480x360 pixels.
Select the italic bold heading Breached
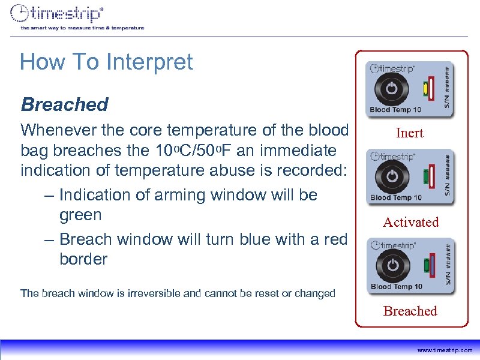coord(64,105)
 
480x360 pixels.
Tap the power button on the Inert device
coord(391,89)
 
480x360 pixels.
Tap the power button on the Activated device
coord(391,176)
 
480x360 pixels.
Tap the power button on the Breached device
coord(391,265)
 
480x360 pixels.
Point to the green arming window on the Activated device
coord(425,177)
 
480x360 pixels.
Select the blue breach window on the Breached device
coord(433,265)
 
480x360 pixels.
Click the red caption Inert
coord(410,133)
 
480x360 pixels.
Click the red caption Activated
coord(411,222)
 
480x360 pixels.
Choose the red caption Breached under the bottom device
coord(410,311)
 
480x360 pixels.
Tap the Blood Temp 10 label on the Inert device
coord(396,109)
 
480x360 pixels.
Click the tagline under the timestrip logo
coord(82,28)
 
